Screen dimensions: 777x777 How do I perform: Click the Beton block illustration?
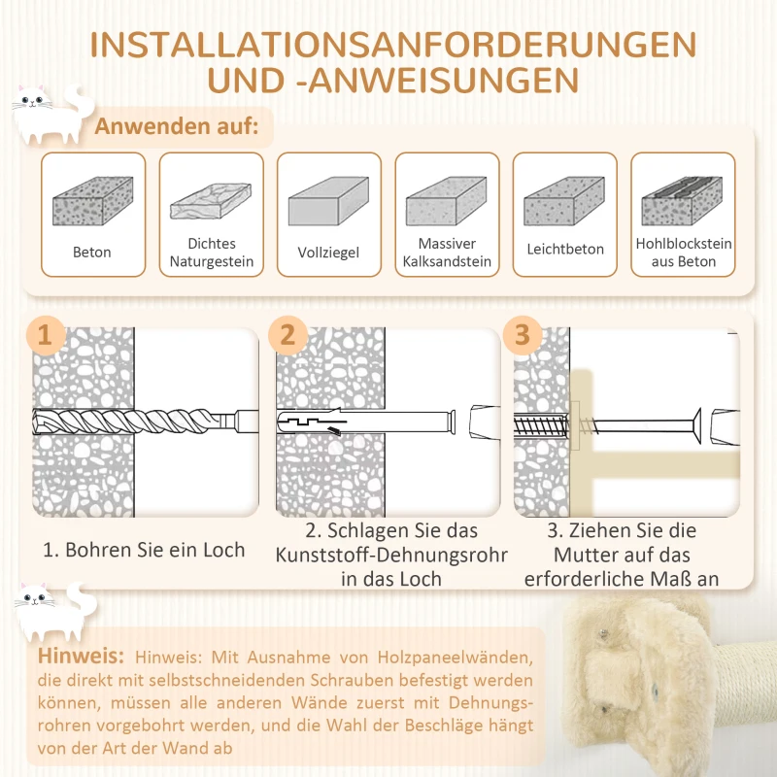tap(92, 201)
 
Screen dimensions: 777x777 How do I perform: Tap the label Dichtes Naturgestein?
tap(212, 253)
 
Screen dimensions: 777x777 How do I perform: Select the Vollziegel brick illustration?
tap(328, 201)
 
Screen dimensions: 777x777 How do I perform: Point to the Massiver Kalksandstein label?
tap(447, 253)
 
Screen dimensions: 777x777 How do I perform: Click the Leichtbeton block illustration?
tap(564, 201)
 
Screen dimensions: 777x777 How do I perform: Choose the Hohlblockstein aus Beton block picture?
tap(683, 201)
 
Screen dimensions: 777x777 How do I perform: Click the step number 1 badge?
tap(46, 335)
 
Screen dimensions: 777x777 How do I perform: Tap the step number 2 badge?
tap(287, 335)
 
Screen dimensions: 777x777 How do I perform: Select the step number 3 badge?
tap(523, 335)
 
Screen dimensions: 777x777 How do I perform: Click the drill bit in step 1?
tap(145, 422)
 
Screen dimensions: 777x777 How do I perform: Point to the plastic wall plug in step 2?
tap(366, 422)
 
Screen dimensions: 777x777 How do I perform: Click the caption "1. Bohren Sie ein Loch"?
tap(144, 550)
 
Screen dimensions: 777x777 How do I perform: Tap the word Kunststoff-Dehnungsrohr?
tap(391, 555)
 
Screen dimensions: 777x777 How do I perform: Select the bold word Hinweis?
tap(81, 656)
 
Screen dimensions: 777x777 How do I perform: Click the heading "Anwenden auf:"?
tap(177, 126)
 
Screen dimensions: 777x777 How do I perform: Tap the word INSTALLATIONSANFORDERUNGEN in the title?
tap(393, 45)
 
